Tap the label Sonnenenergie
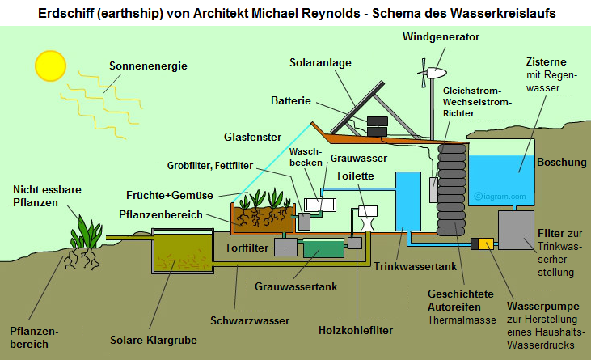point(149,66)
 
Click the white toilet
point(368,218)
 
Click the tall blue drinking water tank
point(409,201)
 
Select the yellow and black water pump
point(486,243)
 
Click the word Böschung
point(562,162)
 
